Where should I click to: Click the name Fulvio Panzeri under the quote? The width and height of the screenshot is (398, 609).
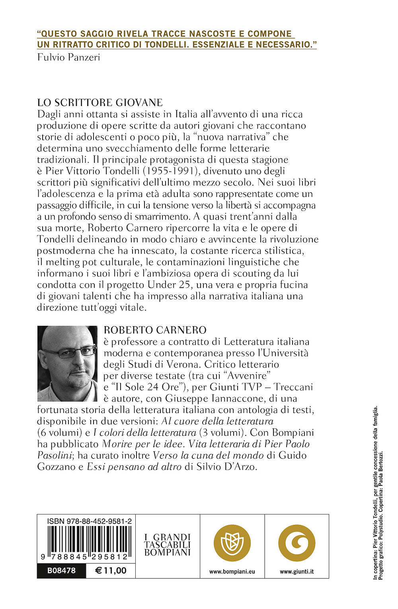coord(68,57)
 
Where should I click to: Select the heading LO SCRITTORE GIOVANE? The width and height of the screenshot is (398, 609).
coord(100,102)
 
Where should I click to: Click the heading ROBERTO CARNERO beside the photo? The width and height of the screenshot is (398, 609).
coord(155,330)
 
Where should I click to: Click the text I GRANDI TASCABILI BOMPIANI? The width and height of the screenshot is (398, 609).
coord(168,545)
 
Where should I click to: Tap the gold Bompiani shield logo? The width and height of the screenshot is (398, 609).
coord(232,543)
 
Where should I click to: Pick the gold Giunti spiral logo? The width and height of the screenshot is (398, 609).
coord(297,543)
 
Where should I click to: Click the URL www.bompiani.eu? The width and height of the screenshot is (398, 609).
coord(232,572)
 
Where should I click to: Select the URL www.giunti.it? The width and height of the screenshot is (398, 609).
coord(297,572)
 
